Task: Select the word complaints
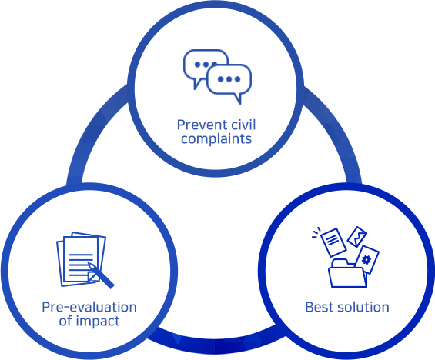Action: [x=216, y=138]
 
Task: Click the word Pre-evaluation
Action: [x=89, y=308]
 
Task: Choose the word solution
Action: [x=361, y=308]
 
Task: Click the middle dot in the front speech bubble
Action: [x=229, y=79]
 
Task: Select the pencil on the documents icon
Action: [x=101, y=275]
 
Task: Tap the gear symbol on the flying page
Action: [x=366, y=260]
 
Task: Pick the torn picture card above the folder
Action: [x=357, y=237]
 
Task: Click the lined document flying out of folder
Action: [x=333, y=242]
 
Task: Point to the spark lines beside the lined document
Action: [x=316, y=233]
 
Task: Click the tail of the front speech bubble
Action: [x=237, y=98]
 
